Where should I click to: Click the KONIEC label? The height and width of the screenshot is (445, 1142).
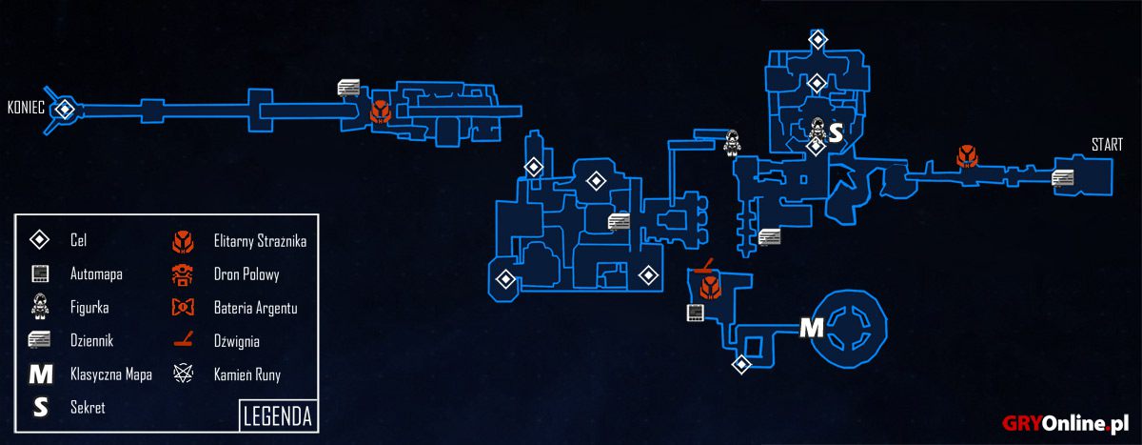click(26, 108)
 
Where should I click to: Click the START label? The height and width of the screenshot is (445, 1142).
click(1107, 145)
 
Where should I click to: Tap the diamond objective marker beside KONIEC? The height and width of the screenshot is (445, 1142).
click(65, 110)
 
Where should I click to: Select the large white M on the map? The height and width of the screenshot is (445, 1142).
click(811, 328)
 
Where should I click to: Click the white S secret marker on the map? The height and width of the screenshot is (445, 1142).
click(837, 132)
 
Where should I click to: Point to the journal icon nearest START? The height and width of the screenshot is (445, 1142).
click(1062, 178)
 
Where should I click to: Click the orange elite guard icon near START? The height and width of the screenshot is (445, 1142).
click(967, 156)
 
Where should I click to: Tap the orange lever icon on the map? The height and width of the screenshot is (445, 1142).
click(704, 265)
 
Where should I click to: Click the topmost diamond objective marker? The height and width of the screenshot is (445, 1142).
click(817, 39)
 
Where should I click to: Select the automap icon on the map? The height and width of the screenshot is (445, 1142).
click(695, 313)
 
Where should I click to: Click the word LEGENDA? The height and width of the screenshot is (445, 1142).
click(278, 416)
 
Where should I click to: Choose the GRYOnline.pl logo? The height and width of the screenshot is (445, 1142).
click(1065, 423)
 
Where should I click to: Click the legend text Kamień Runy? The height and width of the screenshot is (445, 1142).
click(247, 375)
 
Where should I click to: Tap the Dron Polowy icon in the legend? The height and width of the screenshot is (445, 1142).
click(183, 275)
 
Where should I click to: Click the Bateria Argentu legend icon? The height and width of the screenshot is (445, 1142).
click(183, 307)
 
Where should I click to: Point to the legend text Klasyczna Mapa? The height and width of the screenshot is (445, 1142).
click(111, 374)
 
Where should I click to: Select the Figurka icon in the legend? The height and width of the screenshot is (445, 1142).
click(40, 306)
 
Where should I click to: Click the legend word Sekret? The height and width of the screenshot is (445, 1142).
click(88, 407)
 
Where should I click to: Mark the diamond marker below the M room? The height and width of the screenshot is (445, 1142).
click(741, 364)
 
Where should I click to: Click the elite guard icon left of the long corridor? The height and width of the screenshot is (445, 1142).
click(381, 111)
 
